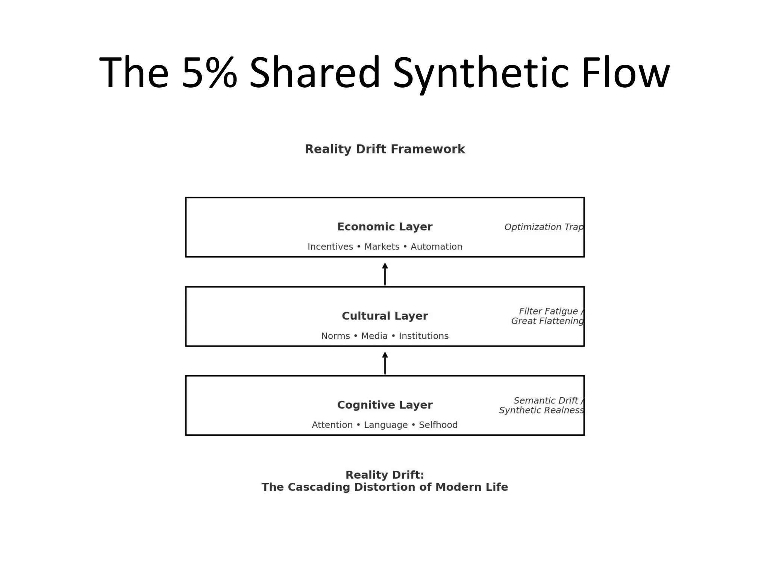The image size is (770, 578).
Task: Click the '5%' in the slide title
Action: click(x=209, y=72)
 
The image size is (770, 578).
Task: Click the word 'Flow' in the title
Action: click(x=625, y=72)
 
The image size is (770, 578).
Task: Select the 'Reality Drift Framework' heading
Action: click(x=385, y=149)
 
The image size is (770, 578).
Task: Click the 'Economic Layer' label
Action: click(x=385, y=227)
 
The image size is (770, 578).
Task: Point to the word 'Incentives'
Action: click(x=330, y=247)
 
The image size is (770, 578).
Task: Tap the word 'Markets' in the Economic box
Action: click(x=382, y=247)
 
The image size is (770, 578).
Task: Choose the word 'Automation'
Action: click(x=436, y=247)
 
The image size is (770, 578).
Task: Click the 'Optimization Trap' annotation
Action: click(x=544, y=227)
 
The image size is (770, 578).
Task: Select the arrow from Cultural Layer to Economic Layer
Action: click(x=385, y=274)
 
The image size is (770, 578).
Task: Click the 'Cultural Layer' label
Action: click(x=385, y=316)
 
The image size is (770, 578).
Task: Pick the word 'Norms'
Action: click(x=335, y=336)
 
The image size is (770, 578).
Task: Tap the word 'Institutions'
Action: click(x=423, y=336)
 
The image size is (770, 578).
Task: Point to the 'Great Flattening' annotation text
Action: click(x=547, y=321)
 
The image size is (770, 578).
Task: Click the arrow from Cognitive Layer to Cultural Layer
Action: click(x=385, y=363)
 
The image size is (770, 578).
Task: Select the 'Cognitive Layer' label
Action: click(x=385, y=405)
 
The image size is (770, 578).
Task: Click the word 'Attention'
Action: click(x=332, y=425)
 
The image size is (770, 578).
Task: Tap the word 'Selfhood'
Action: click(x=438, y=425)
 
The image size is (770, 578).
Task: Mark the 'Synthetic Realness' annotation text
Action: click(x=541, y=411)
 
